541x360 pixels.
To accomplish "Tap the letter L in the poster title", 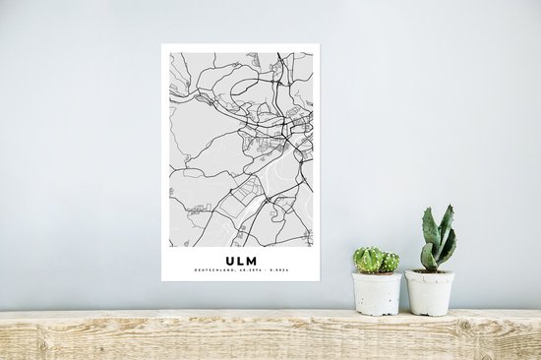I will [x=240, y=261].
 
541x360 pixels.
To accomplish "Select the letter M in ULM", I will [x=252, y=261].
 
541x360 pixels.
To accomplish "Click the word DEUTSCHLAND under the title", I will [x=213, y=271].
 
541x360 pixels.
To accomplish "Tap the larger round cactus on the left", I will [x=369, y=260].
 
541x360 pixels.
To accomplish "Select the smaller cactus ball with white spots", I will [x=391, y=263].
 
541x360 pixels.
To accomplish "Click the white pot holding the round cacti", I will [x=378, y=292].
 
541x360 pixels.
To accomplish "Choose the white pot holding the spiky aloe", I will [x=430, y=293].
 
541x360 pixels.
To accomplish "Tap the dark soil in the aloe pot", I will [x=430, y=271].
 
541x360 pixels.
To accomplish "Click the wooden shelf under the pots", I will [x=270, y=334].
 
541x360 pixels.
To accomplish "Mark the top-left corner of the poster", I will [x=162, y=45].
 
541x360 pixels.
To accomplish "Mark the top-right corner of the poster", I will [x=320, y=45].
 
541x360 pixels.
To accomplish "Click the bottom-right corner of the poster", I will [x=320, y=281].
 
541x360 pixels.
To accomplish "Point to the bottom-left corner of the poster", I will [x=162, y=281].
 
